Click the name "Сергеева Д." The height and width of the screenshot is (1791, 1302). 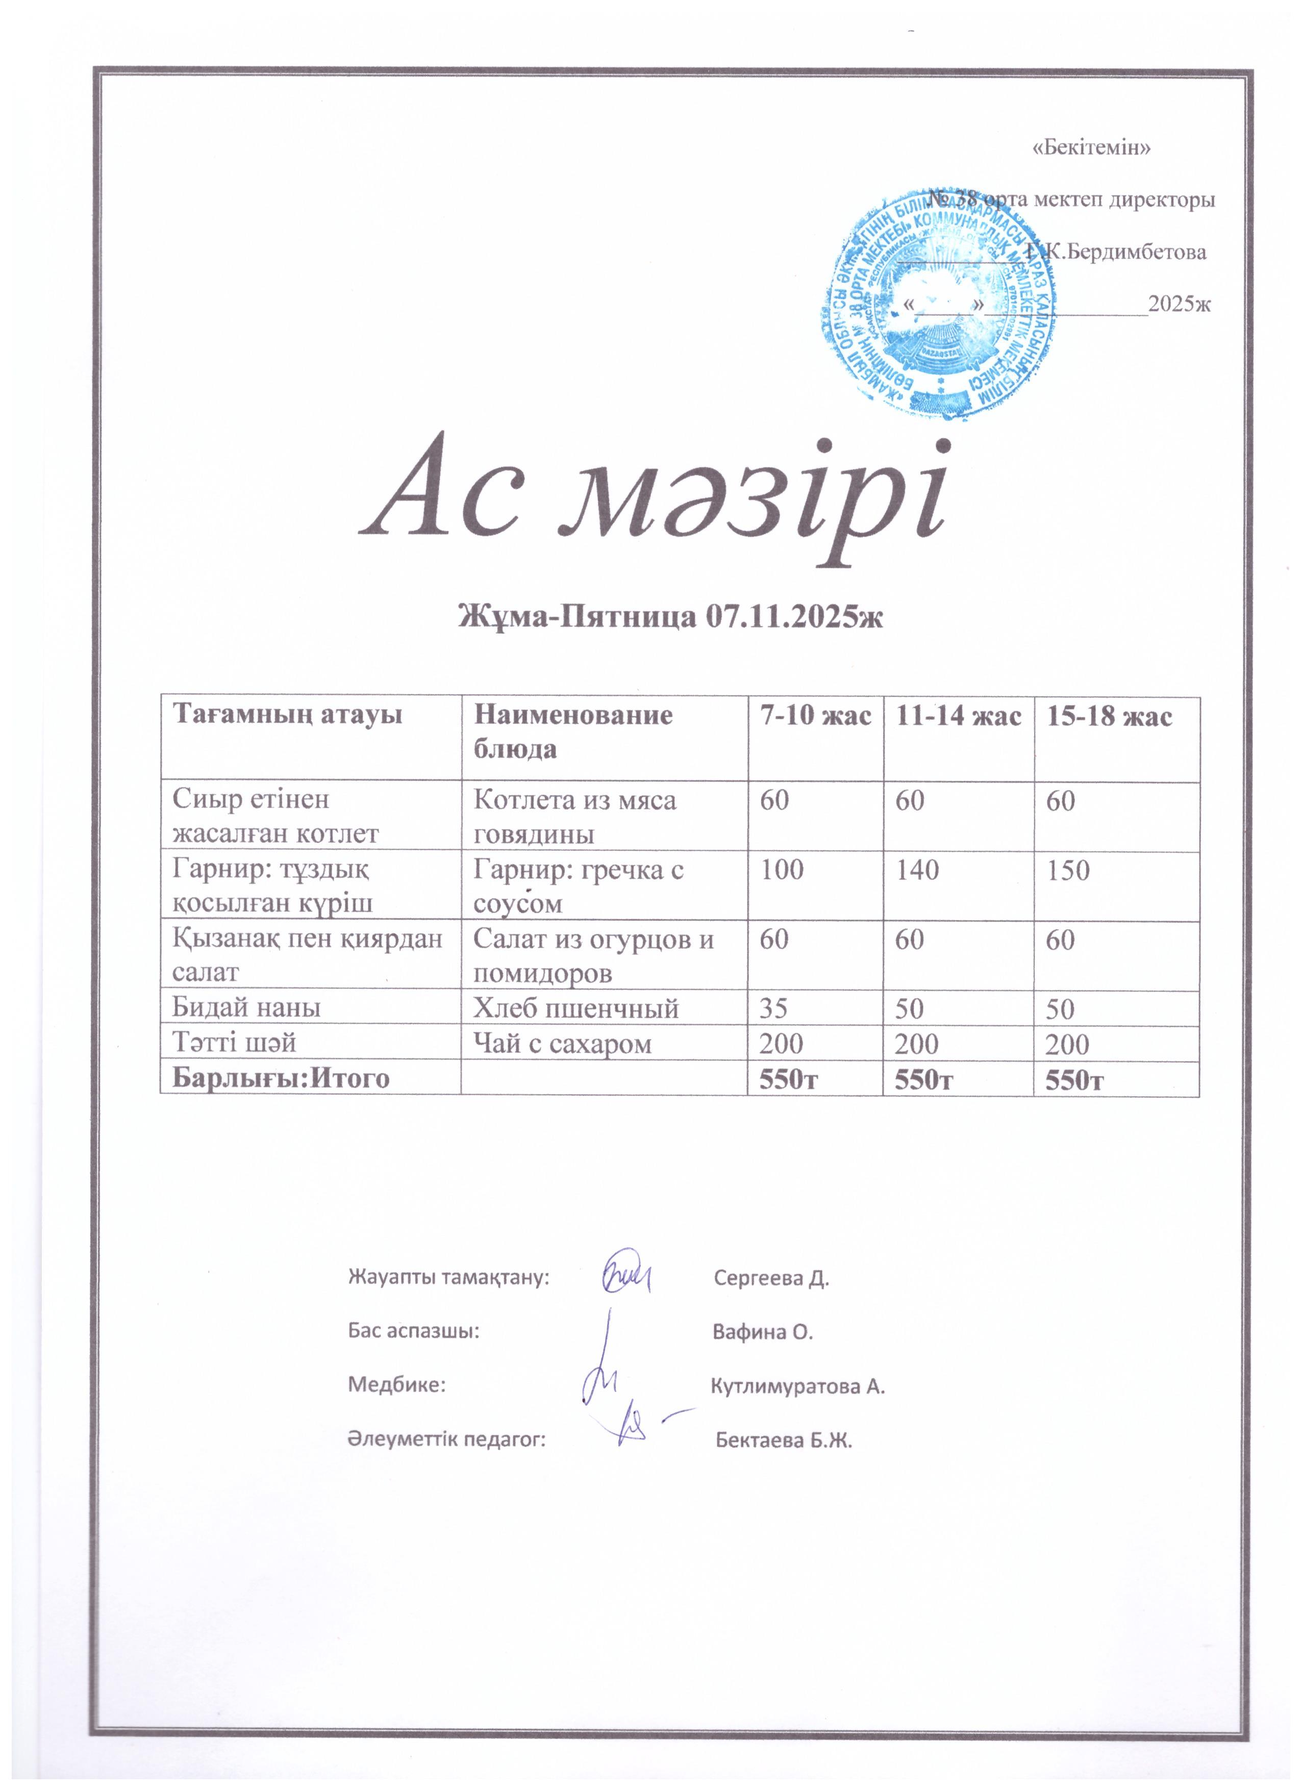770,1278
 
